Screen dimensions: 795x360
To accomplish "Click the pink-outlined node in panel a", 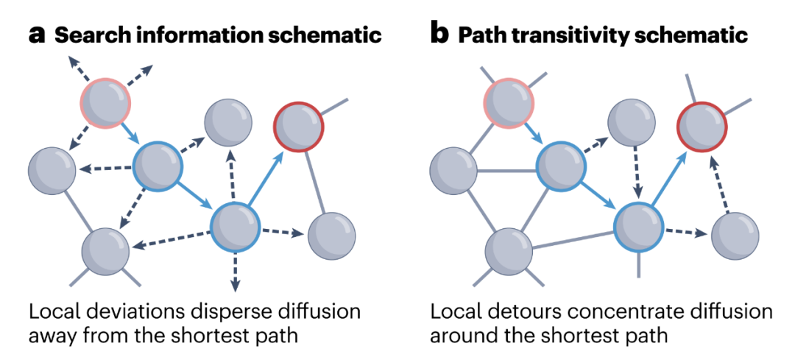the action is [x=105, y=103].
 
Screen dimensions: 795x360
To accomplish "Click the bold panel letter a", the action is [x=38, y=35].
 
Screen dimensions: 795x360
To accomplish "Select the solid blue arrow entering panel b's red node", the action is [x=668, y=177].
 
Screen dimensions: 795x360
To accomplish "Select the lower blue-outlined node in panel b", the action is [x=638, y=226].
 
